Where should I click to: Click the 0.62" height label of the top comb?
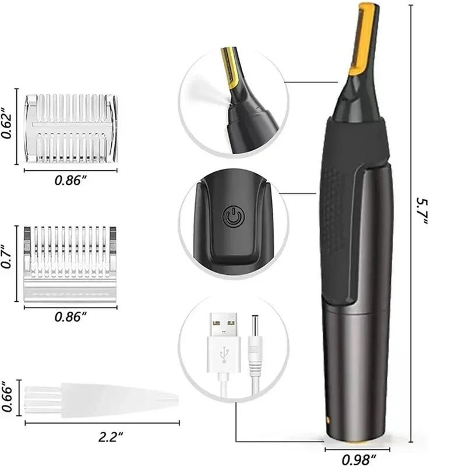(x=8, y=123)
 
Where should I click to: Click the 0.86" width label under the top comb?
(x=70, y=180)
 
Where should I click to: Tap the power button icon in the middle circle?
(x=231, y=217)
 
